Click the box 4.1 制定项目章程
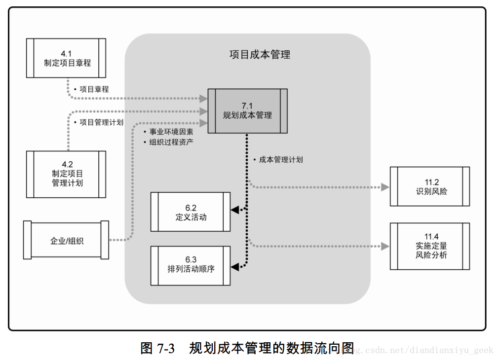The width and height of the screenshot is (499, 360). [66, 58]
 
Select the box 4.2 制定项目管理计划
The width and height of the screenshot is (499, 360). [66, 174]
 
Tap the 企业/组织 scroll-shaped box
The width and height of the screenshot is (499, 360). [66, 240]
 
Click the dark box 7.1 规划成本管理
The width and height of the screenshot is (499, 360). [247, 110]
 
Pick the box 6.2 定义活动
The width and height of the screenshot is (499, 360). [191, 212]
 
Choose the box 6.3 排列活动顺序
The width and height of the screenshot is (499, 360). [191, 265]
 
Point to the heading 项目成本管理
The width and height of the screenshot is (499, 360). [260, 54]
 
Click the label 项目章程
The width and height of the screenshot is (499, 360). [94, 89]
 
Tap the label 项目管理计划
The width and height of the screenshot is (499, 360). [101, 122]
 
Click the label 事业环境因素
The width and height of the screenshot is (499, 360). [171, 132]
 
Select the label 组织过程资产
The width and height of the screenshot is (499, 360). [171, 142]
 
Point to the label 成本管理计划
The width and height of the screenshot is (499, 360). [280, 160]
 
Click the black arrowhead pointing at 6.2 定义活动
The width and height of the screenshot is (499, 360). [235, 210]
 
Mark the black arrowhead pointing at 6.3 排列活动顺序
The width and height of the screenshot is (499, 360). [235, 267]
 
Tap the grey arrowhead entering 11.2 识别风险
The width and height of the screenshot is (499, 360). [385, 187]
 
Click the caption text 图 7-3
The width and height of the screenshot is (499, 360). [157, 348]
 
